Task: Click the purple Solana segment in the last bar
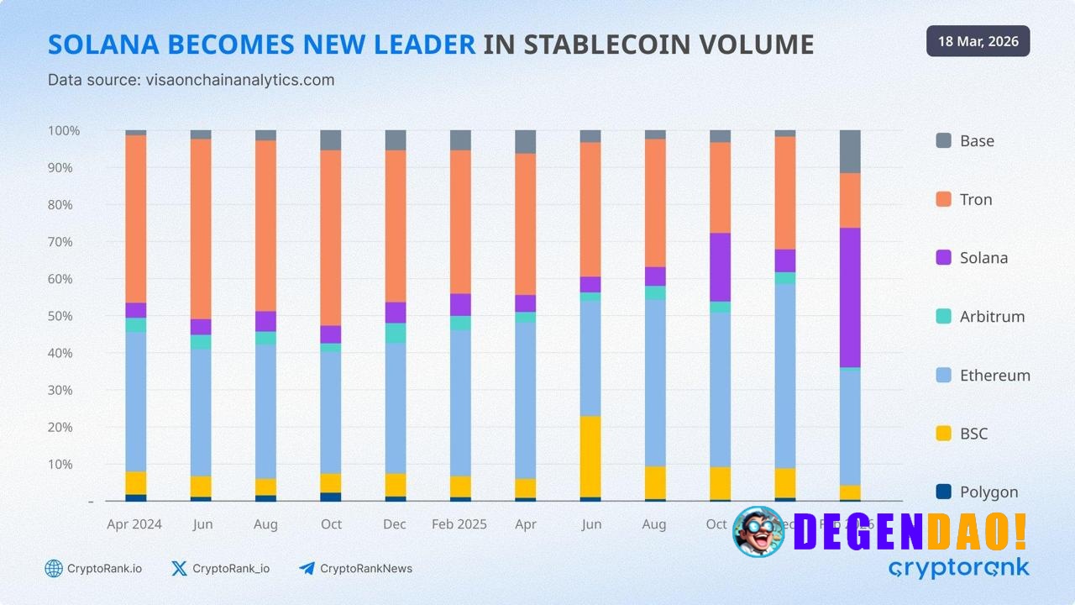(x=850, y=297)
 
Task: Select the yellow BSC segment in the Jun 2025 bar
(x=590, y=456)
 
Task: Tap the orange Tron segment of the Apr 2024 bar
(x=136, y=218)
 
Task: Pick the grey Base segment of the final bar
(x=850, y=151)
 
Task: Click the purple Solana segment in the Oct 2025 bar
(x=720, y=266)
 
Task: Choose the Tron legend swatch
(x=944, y=199)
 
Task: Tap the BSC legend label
(x=973, y=434)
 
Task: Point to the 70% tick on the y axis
(x=64, y=242)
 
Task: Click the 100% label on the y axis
(x=64, y=131)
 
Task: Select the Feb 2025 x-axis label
(x=459, y=524)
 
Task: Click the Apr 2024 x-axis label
(x=134, y=524)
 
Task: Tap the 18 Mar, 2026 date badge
(x=978, y=41)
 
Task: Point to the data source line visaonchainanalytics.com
(x=191, y=80)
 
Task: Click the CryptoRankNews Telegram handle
(x=366, y=569)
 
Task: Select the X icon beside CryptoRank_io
(x=179, y=569)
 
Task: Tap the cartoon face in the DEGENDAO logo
(x=758, y=531)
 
